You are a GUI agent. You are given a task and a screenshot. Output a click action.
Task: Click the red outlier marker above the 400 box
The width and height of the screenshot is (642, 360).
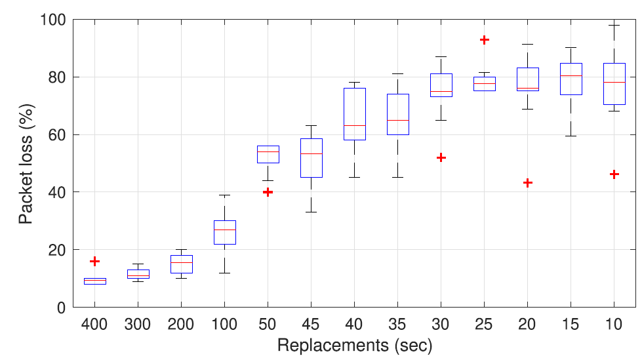[x=94, y=261]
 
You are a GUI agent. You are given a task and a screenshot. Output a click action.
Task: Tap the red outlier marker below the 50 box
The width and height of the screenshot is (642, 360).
[x=268, y=192]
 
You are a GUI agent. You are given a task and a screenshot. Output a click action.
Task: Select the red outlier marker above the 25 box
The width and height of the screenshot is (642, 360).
[x=485, y=40]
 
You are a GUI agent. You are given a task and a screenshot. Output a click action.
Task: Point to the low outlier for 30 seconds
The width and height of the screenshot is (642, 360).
[x=441, y=157]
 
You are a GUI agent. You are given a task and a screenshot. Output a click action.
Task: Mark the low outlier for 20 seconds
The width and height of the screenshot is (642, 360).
[x=528, y=182]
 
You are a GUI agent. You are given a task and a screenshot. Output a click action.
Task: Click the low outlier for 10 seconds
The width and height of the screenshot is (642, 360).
[x=614, y=174]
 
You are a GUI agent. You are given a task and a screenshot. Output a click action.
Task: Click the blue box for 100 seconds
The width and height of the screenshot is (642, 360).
[x=225, y=232]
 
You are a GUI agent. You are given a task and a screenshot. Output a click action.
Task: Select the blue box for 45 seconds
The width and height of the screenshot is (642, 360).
[x=311, y=157]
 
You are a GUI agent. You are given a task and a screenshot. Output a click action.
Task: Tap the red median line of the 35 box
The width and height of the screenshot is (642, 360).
[x=398, y=120]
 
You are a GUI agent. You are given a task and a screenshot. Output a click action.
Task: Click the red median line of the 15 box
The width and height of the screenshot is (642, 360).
[x=571, y=76]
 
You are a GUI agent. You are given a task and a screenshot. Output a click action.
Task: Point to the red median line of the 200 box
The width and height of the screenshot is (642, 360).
[x=182, y=262]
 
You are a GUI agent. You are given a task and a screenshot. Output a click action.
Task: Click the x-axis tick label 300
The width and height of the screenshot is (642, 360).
[x=138, y=324]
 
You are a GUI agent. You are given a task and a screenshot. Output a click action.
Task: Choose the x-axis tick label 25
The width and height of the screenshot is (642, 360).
[x=485, y=324]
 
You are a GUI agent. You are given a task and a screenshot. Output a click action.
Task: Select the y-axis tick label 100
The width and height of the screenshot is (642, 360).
[x=53, y=20]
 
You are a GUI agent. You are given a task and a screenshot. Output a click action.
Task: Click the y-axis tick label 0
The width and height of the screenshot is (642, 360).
[x=60, y=307]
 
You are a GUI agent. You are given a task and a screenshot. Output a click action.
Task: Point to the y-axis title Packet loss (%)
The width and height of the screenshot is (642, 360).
[x=25, y=163]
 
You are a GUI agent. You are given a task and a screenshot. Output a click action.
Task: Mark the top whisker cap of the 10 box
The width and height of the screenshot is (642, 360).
[x=614, y=25]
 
